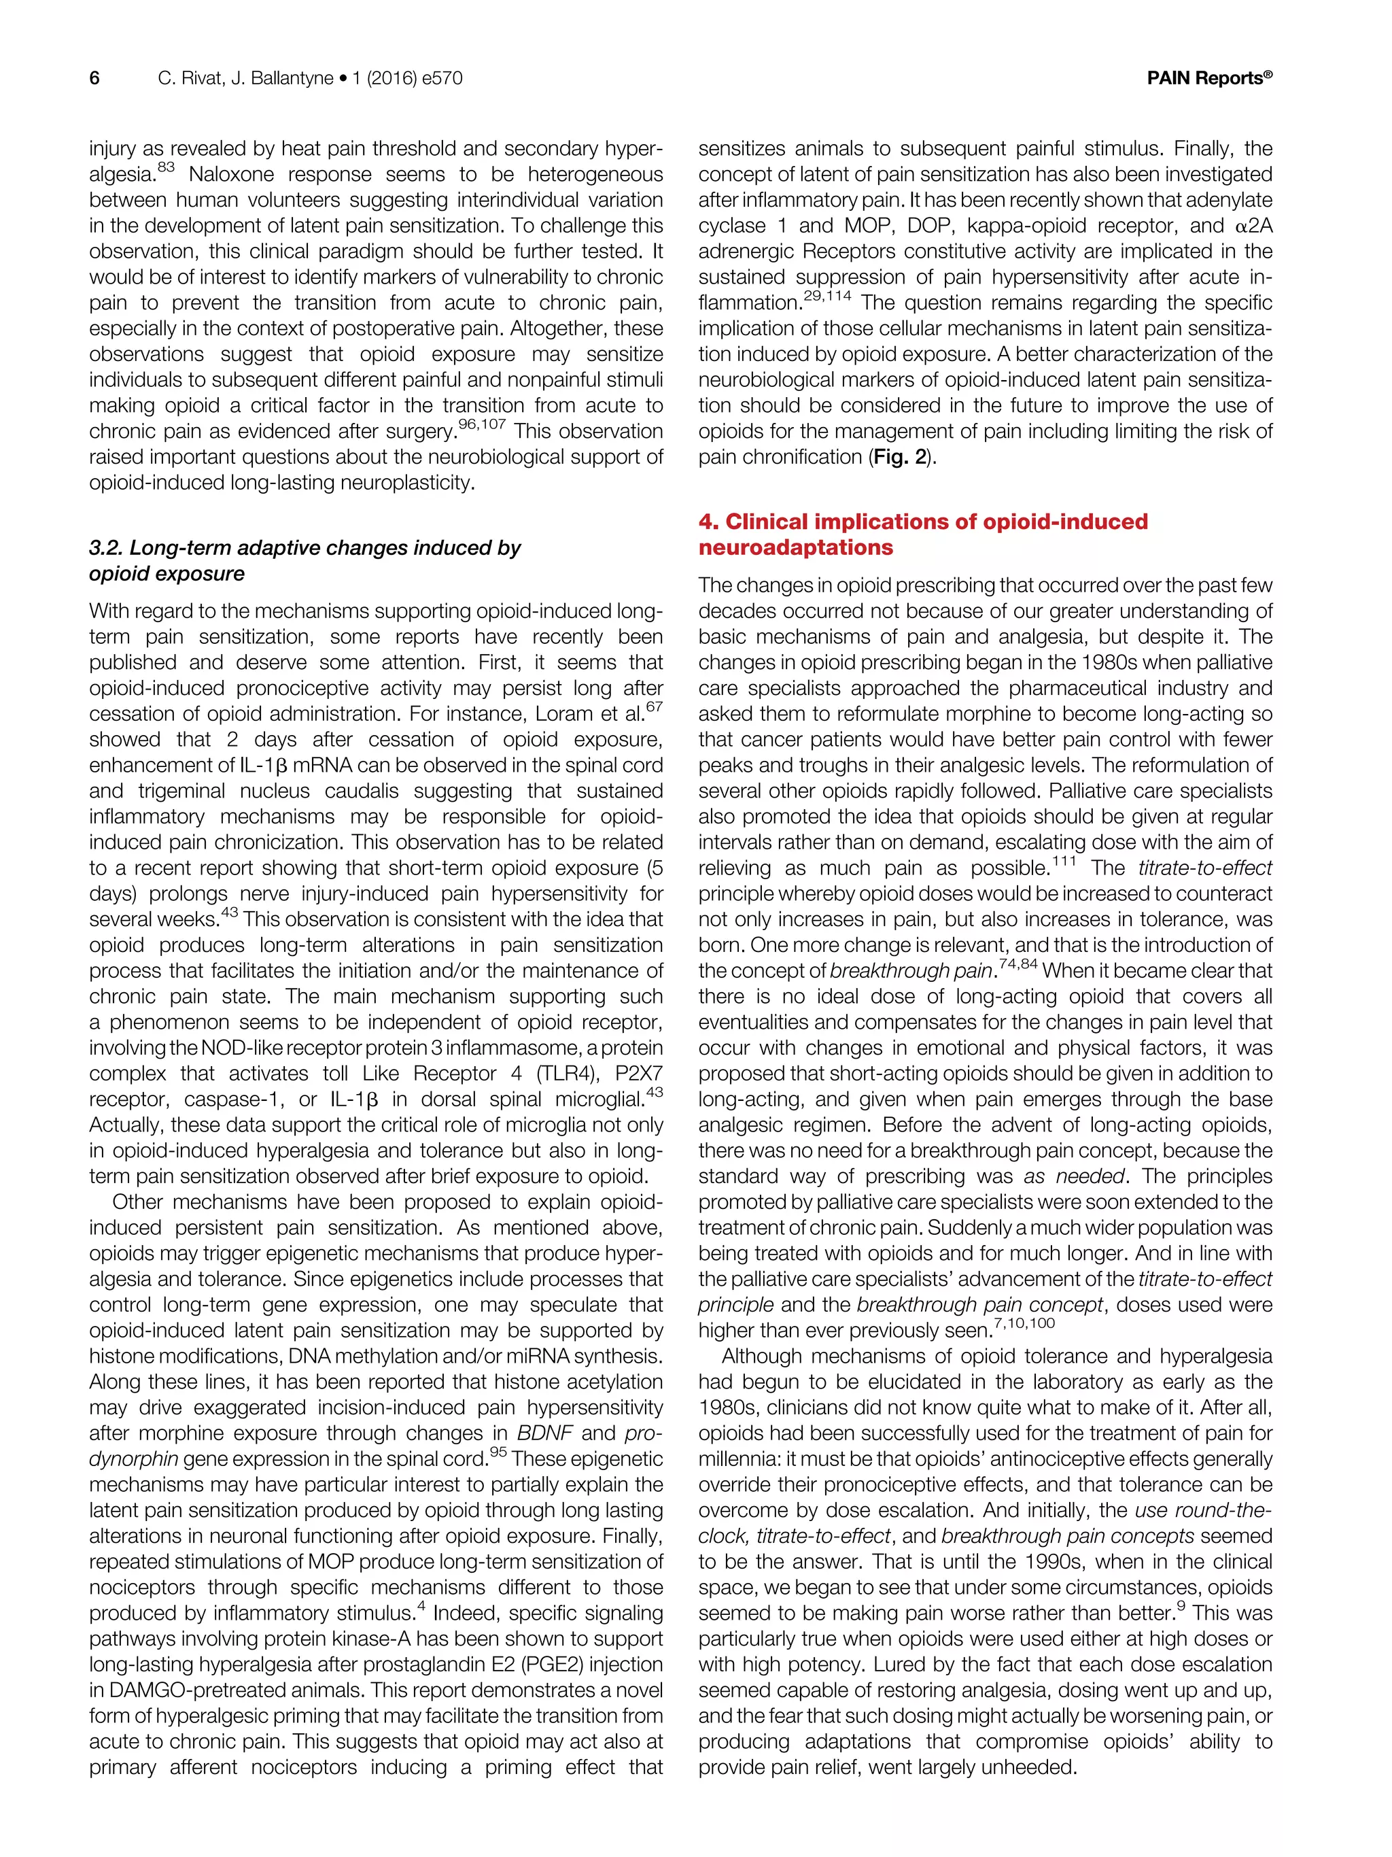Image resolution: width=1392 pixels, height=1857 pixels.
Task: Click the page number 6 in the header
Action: pyautogui.click(x=94, y=79)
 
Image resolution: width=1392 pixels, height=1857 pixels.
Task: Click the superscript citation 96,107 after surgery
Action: pyautogui.click(x=482, y=424)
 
